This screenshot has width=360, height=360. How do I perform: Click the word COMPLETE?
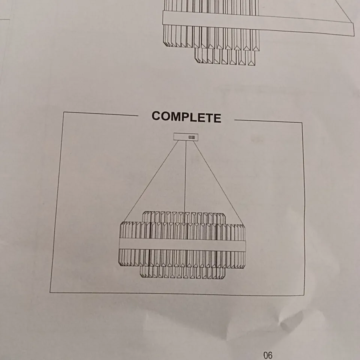click(186, 117)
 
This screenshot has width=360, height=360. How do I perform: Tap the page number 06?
click(268, 355)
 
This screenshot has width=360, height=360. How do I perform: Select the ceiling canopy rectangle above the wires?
click(186, 137)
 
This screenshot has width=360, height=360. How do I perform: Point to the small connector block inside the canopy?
click(192, 137)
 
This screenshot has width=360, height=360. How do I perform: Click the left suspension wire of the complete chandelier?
click(151, 181)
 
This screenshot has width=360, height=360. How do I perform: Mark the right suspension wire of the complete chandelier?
click(218, 183)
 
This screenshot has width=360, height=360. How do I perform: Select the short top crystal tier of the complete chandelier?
click(184, 217)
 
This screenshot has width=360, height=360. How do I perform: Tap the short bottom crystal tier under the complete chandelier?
click(183, 273)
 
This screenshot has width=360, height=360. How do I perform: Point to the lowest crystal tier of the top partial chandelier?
click(225, 57)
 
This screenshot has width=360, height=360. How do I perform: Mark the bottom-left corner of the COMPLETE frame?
click(50, 292)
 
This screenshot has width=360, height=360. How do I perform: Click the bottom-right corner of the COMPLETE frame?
click(304, 295)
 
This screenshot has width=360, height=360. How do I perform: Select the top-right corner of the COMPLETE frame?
click(302, 123)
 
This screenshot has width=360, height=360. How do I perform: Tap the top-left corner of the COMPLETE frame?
click(64, 112)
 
